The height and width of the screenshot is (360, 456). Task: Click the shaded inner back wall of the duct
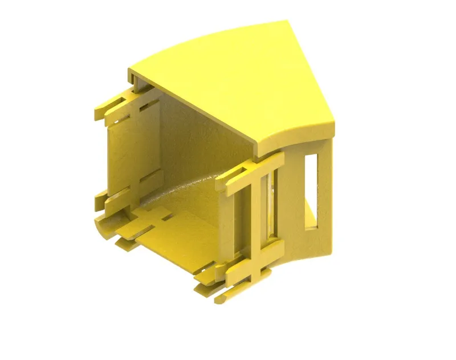click(194, 148)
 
